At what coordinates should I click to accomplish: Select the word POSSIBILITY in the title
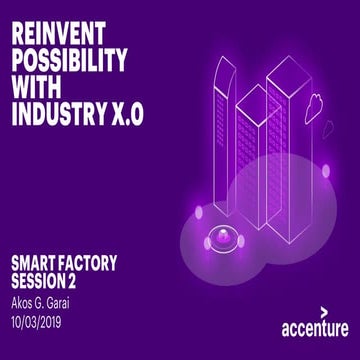[x=67, y=59]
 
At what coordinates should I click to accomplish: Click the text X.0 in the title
[x=123, y=113]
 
